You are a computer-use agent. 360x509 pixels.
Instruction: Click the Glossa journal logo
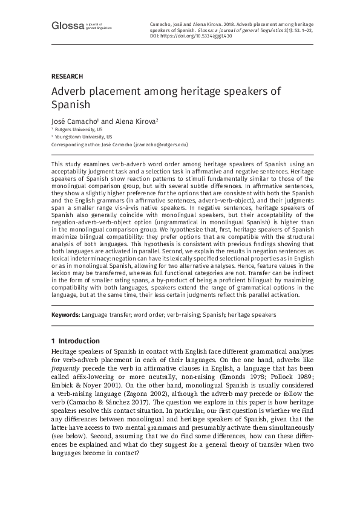[67, 25]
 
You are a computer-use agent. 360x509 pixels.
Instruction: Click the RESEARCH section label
[67, 76]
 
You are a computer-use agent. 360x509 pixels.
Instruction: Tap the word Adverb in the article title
[69, 92]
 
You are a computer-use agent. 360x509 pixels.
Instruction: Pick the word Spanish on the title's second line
[70, 105]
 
